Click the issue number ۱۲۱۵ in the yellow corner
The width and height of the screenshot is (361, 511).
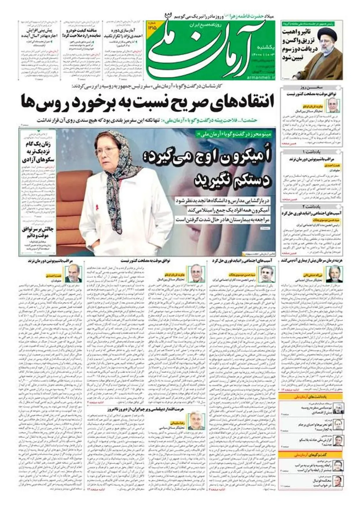152,27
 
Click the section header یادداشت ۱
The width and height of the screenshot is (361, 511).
312,151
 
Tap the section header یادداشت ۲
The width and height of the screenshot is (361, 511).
312,206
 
